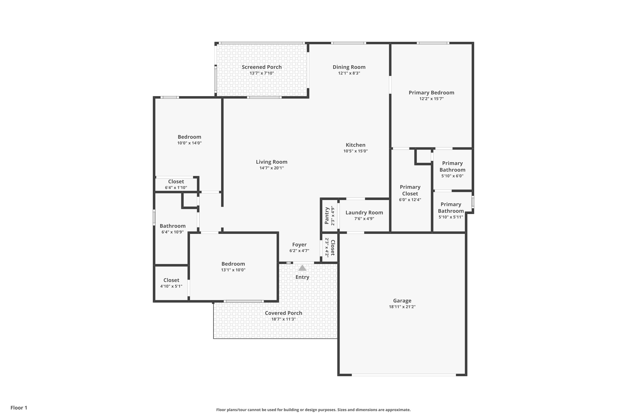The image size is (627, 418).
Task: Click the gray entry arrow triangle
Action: click(x=302, y=268)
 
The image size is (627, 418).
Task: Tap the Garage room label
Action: click(x=402, y=301)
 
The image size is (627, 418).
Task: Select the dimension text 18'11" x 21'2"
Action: click(x=402, y=307)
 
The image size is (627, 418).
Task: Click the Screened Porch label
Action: click(x=261, y=67)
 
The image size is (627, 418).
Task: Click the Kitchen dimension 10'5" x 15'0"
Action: click(x=355, y=151)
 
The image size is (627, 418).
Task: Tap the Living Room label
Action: click(x=271, y=162)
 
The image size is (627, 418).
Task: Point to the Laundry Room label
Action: click(x=364, y=213)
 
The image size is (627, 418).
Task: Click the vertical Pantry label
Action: click(x=326, y=215)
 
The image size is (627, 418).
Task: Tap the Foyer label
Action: click(x=299, y=245)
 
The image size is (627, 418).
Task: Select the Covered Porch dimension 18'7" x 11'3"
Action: click(x=283, y=319)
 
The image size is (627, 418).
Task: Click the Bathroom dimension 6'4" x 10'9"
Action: click(x=172, y=232)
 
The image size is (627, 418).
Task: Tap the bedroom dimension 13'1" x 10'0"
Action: click(x=233, y=270)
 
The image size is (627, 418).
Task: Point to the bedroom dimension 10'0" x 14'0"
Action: click(x=189, y=143)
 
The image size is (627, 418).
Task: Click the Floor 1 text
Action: click(x=19, y=408)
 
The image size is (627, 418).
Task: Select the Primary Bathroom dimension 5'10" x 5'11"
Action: click(x=451, y=217)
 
